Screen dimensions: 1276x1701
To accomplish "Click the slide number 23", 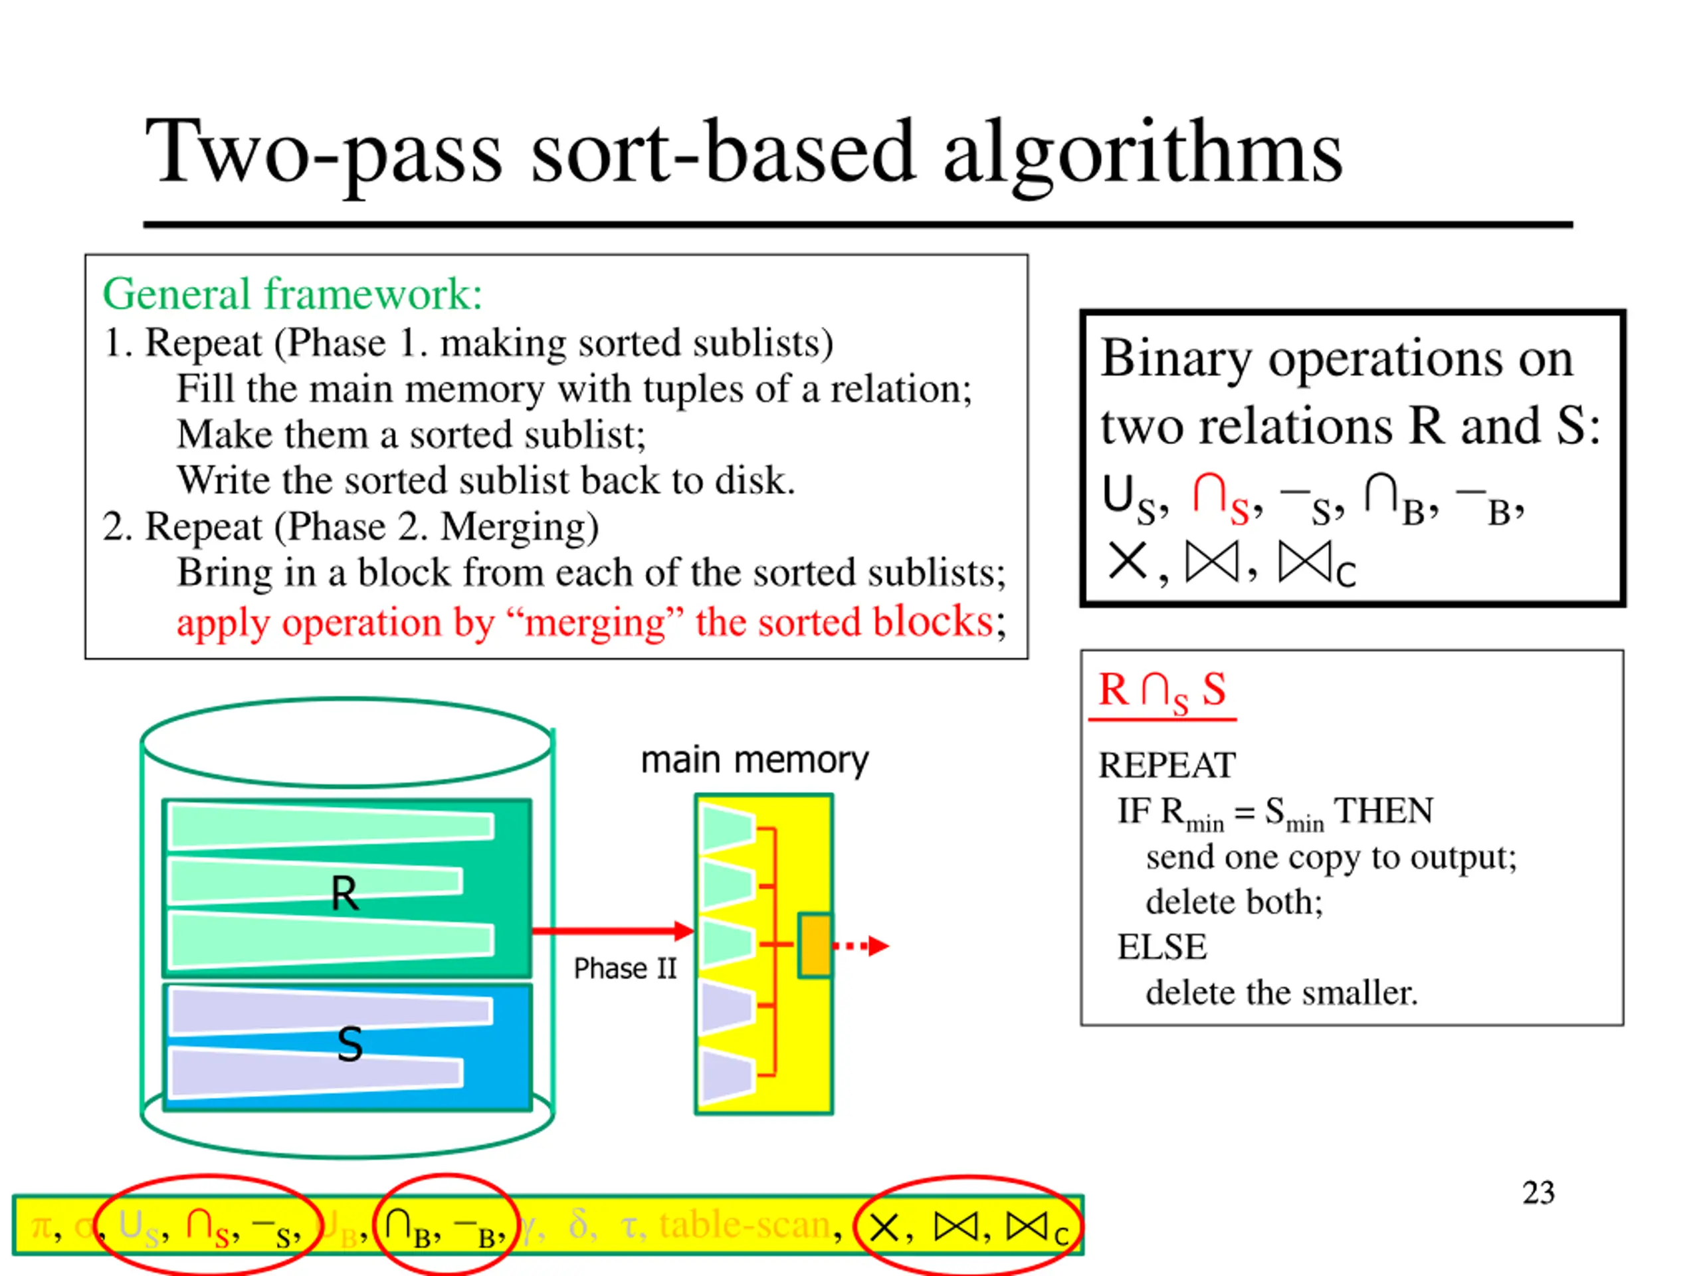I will point(1538,1193).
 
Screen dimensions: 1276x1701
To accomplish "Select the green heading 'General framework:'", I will point(292,294).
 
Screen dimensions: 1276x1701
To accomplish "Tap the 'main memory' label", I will point(754,760).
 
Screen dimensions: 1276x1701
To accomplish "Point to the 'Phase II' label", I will point(625,968).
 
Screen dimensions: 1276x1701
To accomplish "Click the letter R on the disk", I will point(344,894).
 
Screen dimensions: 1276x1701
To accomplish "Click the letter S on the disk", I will point(350,1045).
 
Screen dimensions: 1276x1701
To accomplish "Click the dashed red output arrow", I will point(861,945).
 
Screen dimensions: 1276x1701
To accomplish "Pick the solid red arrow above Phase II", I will point(612,930).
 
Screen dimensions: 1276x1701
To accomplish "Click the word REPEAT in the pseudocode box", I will point(1167,766).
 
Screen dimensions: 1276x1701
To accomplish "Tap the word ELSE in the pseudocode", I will point(1161,947).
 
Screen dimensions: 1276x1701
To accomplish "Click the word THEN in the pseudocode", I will point(1383,811).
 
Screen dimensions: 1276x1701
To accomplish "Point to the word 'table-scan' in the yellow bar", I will point(744,1224).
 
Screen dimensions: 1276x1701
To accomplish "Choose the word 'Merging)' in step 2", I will point(519,528).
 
